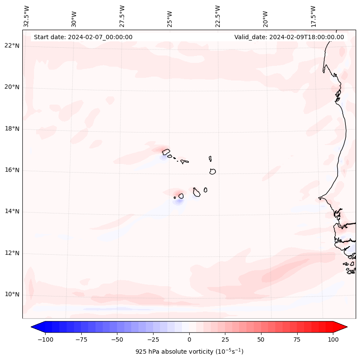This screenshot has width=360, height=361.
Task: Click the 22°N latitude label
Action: [x=12, y=46]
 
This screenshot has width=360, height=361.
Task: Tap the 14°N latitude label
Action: [x=12, y=212]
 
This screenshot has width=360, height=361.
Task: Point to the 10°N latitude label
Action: [x=12, y=295]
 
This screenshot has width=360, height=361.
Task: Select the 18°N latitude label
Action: [x=12, y=129]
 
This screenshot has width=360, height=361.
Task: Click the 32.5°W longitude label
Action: [x=26, y=16]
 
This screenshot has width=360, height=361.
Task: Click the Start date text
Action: [x=83, y=37]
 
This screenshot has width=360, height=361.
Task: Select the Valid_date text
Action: [x=289, y=37]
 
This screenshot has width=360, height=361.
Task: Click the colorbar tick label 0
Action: [x=189, y=339]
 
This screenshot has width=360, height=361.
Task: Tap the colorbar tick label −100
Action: [x=45, y=339]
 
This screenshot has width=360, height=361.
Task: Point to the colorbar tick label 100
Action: [x=333, y=339]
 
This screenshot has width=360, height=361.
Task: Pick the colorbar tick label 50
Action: [x=261, y=339]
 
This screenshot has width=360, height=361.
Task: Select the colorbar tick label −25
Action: [x=153, y=339]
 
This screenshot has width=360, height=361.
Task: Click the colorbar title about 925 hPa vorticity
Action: [x=189, y=352]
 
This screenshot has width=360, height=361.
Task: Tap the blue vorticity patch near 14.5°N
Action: [x=178, y=201]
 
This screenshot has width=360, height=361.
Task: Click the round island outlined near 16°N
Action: [x=212, y=171]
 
